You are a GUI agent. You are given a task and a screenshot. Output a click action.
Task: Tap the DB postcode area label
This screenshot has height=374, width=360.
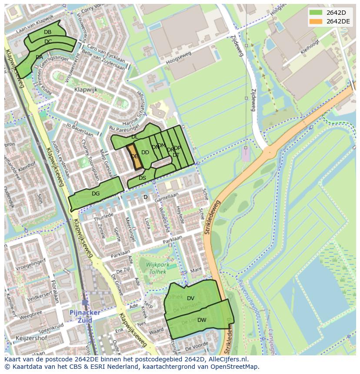[x=47, y=32]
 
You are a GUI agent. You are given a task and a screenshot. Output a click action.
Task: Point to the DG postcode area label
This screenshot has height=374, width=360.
[x=96, y=194]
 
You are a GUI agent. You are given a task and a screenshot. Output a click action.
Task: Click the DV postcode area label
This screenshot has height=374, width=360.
[x=190, y=298]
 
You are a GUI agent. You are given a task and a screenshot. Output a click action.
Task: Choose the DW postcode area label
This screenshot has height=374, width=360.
[x=202, y=320]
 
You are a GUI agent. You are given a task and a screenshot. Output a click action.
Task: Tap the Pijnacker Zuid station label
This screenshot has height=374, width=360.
[x=84, y=316]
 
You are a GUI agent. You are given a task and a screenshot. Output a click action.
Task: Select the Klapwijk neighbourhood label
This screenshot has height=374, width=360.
[x=86, y=90]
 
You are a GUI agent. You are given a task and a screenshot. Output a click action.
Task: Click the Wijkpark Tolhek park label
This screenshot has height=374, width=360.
[x=156, y=268]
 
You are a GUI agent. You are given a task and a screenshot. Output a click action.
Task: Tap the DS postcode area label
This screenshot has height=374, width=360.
[x=142, y=178]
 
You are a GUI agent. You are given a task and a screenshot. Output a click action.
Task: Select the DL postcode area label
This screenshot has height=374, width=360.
[x=135, y=137]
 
